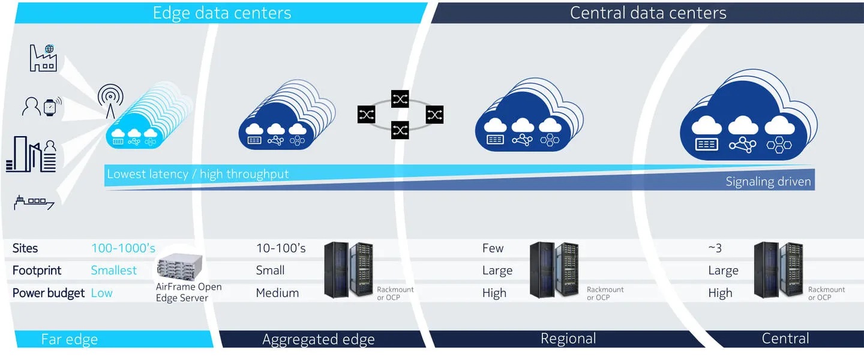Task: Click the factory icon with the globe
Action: click(43, 58)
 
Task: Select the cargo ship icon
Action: click(34, 202)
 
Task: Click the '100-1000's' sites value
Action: click(123, 248)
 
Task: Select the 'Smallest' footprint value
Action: click(114, 270)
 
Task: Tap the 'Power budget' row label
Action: click(48, 293)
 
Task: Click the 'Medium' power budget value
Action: click(277, 293)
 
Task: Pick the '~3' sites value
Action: click(715, 248)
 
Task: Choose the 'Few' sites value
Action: click(493, 248)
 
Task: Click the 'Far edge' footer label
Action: click(70, 339)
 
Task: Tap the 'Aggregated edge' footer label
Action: click(318, 339)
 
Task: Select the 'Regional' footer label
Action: click(568, 338)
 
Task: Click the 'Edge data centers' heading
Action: click(222, 13)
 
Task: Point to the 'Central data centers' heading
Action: click(648, 13)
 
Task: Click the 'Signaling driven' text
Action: click(769, 181)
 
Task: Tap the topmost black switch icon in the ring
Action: click(400, 99)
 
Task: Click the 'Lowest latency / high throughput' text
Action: click(198, 174)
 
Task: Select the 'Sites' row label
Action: click(25, 248)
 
